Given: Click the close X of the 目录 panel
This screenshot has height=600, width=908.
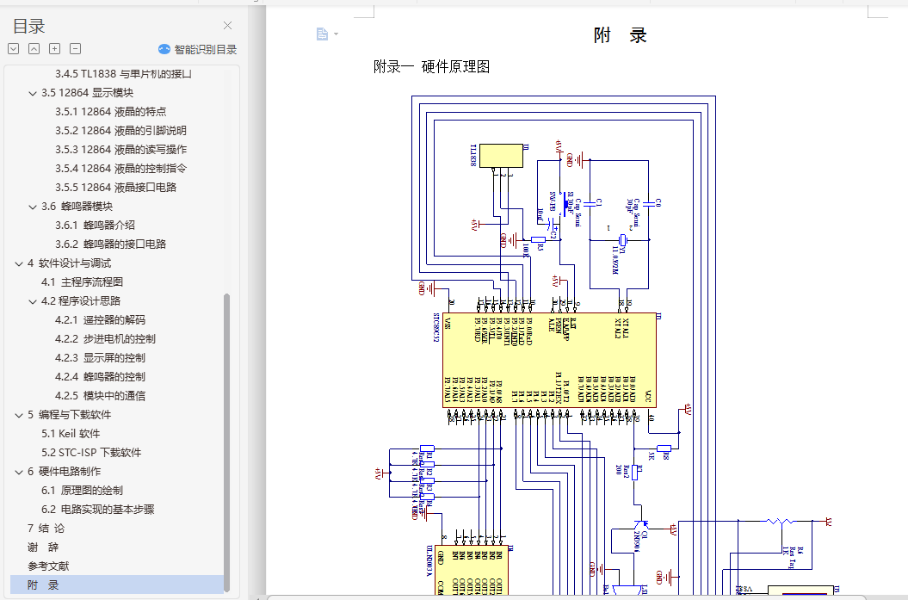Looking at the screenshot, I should point(227,26).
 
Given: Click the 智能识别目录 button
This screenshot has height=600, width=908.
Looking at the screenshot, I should point(198,49).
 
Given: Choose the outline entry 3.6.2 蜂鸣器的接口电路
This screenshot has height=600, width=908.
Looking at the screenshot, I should point(124,244).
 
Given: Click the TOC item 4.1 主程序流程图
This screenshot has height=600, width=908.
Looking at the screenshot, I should point(82,281).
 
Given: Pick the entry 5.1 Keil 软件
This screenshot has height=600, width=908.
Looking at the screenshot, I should point(71,433).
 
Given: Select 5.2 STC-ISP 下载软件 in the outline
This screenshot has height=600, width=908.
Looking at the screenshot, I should point(91,452).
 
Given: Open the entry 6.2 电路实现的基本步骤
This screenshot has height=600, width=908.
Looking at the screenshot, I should point(97,509).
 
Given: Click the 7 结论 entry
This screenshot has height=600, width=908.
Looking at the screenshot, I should point(46,528).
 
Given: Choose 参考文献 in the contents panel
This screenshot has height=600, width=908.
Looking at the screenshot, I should point(48,566).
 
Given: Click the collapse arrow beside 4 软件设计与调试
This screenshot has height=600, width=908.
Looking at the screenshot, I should point(19,263).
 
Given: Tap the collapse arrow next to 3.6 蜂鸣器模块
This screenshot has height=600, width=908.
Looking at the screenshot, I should point(33,207).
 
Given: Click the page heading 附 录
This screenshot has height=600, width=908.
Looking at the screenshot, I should point(620,35).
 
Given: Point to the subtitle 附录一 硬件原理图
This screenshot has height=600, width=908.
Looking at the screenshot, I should point(431,67).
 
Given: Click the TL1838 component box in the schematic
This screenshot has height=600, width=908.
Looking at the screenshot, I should point(500,156).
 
